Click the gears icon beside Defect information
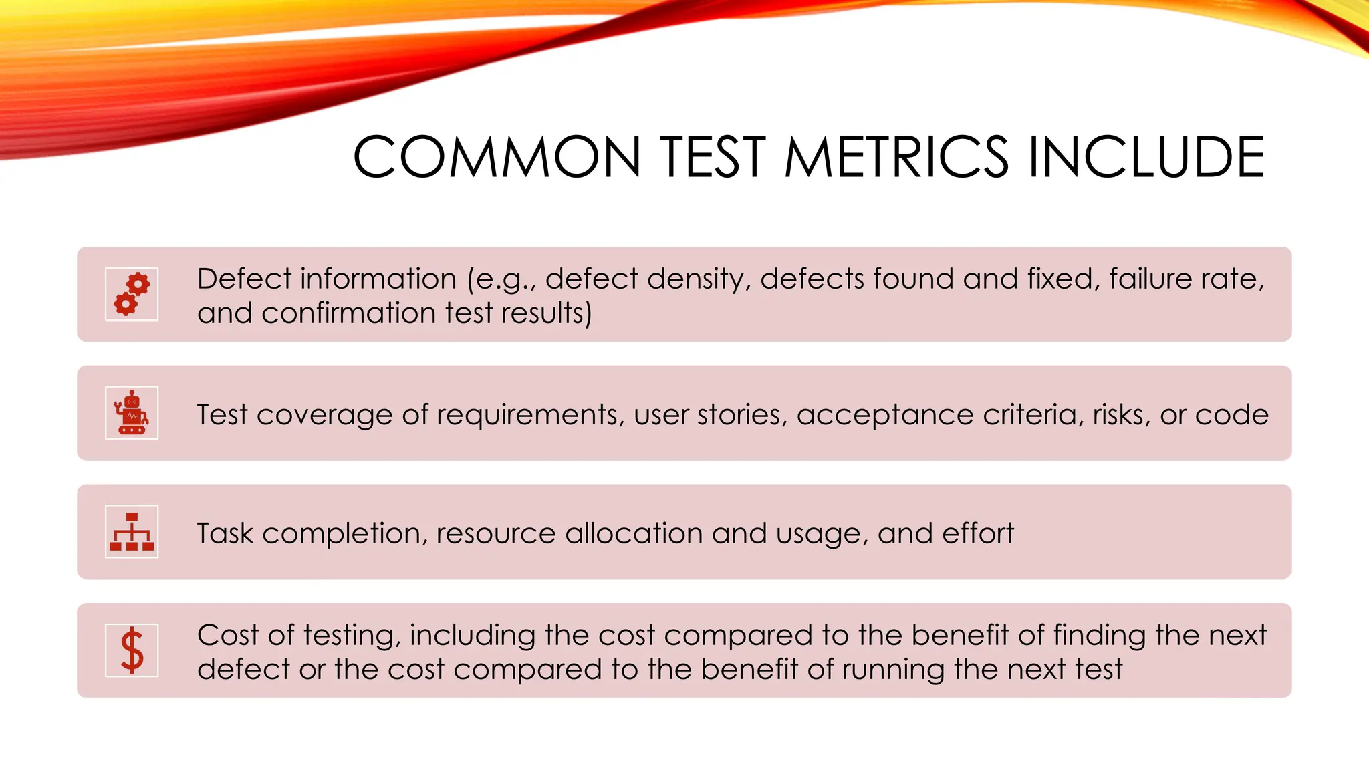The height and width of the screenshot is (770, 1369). [x=132, y=294]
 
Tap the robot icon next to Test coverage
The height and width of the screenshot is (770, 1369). [x=132, y=413]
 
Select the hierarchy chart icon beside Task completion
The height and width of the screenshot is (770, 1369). [x=132, y=532]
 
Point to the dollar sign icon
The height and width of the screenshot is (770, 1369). [x=132, y=650]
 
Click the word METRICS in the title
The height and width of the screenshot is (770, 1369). [x=896, y=157]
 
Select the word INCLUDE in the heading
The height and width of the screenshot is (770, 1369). [x=1146, y=157]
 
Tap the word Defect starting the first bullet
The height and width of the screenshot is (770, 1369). [x=244, y=279]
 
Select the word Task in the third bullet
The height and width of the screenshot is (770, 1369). [x=225, y=533]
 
